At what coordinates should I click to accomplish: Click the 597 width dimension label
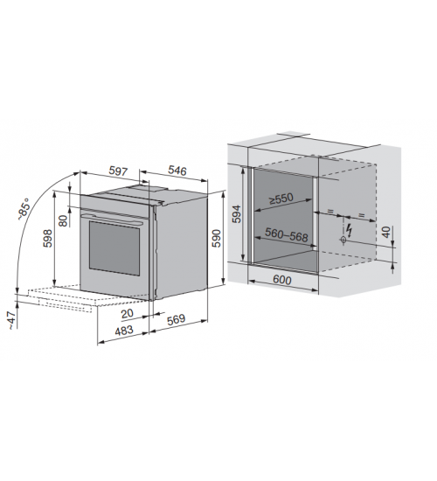point(118,171)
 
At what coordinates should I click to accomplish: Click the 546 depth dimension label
point(177,171)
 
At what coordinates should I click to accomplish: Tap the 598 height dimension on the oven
point(48,239)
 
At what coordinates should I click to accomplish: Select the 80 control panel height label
point(63,220)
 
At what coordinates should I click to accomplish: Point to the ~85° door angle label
point(24,209)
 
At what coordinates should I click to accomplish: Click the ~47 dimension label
point(11,321)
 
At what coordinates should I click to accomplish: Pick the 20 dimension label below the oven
point(128,313)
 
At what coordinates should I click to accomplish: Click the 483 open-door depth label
point(124,331)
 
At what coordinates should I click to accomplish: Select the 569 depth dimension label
point(176,319)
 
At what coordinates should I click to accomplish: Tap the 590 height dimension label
point(217,239)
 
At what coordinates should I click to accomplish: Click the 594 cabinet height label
point(237,213)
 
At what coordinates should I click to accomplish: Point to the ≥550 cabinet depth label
point(281,199)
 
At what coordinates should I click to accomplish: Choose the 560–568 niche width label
point(286,234)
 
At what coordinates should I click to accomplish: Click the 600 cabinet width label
point(281,280)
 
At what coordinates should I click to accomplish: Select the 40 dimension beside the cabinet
point(387,232)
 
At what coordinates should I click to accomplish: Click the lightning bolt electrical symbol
point(349,230)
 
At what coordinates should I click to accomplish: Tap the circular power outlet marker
point(343,240)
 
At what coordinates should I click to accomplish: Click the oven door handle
point(112,219)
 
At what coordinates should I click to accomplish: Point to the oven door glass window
point(114,247)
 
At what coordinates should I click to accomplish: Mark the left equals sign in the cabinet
point(330,211)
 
